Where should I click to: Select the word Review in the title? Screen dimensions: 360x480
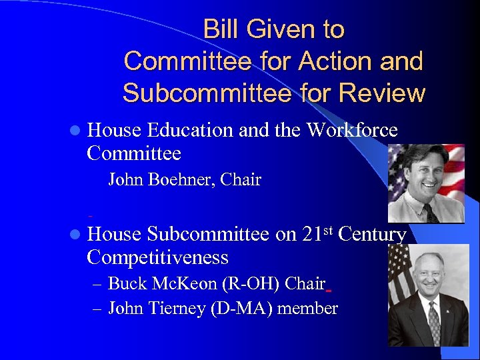click(382, 93)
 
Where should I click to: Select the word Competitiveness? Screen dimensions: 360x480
click(157, 257)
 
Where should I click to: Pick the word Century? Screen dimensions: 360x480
click(373, 235)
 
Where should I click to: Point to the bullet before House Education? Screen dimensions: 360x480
click(78, 131)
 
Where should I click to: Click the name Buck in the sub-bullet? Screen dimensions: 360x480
click(125, 284)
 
